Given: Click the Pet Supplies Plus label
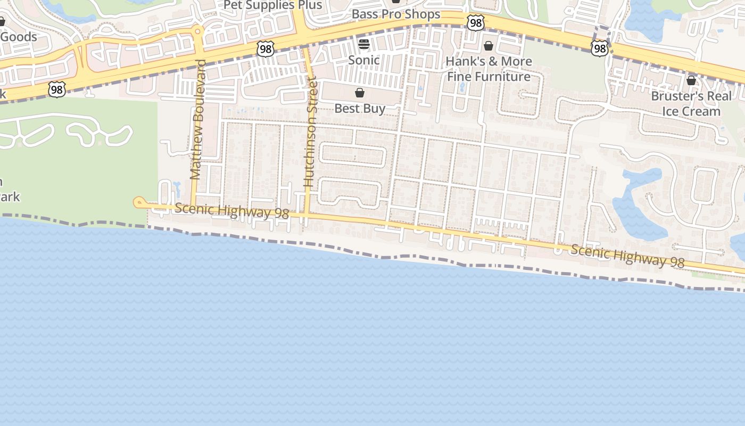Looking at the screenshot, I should point(272,5).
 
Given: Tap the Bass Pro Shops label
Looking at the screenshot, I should point(396,14).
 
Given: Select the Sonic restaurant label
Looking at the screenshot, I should point(364,60).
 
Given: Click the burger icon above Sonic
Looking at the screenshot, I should point(364,44).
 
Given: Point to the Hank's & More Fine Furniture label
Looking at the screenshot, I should point(489,69).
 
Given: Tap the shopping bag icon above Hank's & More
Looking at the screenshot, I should point(489,46).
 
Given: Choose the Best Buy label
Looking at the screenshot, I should point(360,109).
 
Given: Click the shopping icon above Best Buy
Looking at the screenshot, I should point(360,93).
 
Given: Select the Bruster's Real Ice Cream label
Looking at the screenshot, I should point(691,104).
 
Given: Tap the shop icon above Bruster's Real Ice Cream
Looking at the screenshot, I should point(691,80).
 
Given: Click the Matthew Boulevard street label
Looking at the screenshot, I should point(197,119).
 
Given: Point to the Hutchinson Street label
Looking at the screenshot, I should point(310,132).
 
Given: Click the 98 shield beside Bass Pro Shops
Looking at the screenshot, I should point(476,22).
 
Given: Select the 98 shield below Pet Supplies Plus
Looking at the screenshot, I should point(265,48).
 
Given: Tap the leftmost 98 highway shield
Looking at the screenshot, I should point(57,89).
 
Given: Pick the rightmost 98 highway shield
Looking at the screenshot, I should point(599,48).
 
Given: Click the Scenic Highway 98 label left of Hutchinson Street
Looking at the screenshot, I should point(231,211).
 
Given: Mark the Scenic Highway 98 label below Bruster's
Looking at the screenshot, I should point(627,256).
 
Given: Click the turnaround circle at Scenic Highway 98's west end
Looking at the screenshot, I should point(139,202).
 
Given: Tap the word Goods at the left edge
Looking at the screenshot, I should point(19,37).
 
